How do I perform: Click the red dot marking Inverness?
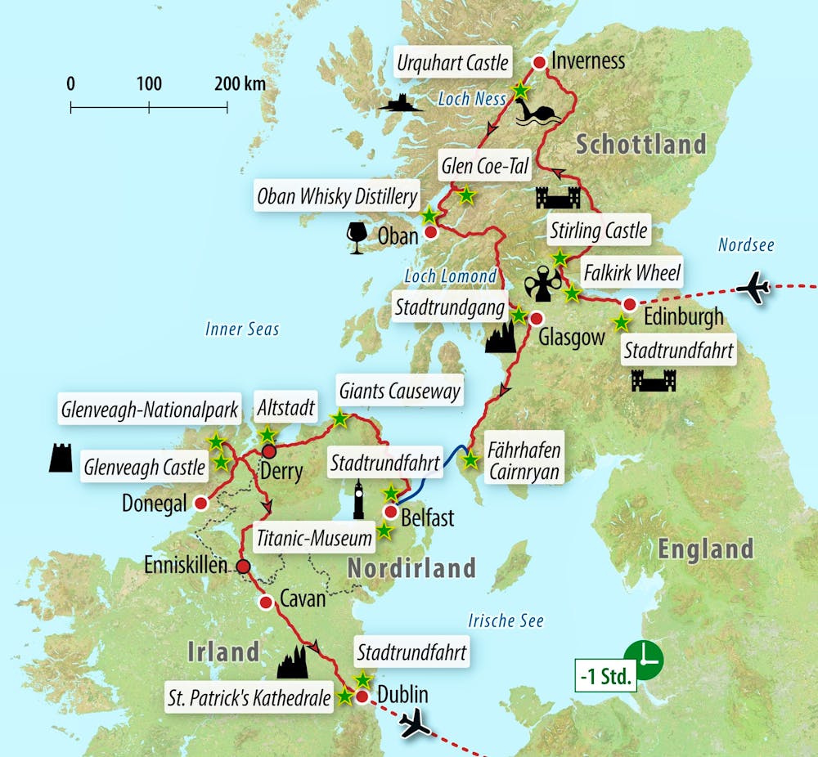coord(539,62)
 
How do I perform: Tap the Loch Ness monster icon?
coord(537,113)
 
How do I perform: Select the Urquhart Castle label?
coord(453,62)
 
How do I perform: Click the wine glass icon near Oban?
coord(357,235)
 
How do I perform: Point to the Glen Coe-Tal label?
coord(485,167)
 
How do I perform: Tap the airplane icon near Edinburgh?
coord(753,288)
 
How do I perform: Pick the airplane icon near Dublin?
coord(416,724)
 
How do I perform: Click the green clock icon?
coord(644,658)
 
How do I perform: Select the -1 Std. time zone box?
coord(605,679)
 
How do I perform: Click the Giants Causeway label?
coord(399,391)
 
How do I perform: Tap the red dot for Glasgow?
coord(536,319)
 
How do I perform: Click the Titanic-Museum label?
coord(314,537)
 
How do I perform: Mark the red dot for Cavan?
coord(265,602)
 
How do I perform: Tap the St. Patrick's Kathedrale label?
coord(249,698)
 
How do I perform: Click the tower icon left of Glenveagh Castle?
coord(61,458)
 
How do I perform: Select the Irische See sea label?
coord(506,621)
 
